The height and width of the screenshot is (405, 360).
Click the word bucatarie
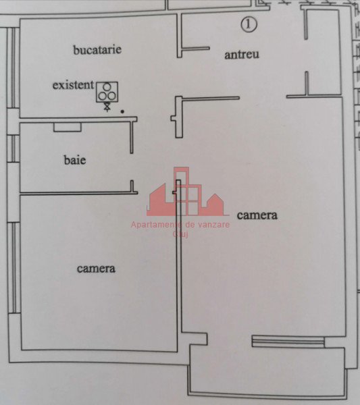tap(97, 49)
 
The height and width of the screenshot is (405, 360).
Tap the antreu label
tap(242, 55)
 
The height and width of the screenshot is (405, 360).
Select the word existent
tap(73, 85)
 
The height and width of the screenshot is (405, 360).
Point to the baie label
tap(75, 160)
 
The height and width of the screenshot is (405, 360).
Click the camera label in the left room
tap(96, 269)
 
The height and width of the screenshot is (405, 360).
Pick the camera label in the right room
tap(257, 215)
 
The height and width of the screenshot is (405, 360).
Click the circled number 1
tap(249, 24)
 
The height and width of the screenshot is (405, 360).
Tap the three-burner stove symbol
tap(107, 92)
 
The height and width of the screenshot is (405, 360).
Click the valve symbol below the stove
tap(107, 107)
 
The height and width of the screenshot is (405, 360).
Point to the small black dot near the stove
tap(122, 111)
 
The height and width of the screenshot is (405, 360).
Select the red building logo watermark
tap(186, 192)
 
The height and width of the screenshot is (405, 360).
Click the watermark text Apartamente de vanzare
tap(180, 225)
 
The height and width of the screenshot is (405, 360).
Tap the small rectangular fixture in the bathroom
tap(68, 127)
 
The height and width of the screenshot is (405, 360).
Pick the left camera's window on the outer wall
tap(14, 268)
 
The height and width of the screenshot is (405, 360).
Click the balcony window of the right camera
tap(288, 341)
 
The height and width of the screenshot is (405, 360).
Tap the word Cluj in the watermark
tap(180, 234)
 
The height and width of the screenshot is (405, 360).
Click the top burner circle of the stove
tap(107, 87)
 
